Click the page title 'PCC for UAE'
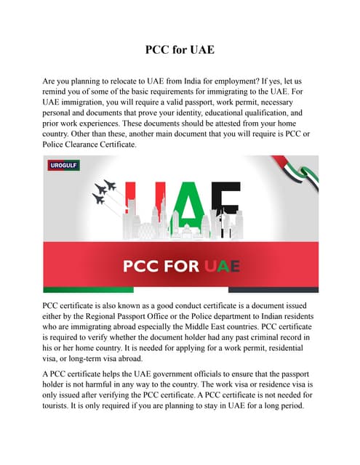pos(180,52)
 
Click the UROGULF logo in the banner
pos(64,166)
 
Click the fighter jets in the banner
pos(105,191)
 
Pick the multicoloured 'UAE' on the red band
pos(222,265)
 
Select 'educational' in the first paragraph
pos(225,114)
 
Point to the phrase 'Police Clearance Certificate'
pos(91,145)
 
